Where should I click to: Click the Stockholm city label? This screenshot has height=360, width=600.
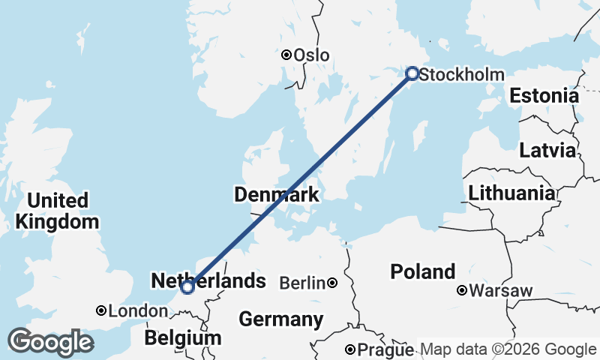click(x=461, y=74)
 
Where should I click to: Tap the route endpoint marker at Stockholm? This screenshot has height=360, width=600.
click(x=412, y=73)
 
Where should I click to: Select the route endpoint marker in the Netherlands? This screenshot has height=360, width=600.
click(x=187, y=286)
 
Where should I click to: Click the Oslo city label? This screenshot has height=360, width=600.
click(x=311, y=55)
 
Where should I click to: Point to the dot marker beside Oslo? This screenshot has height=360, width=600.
click(x=286, y=55)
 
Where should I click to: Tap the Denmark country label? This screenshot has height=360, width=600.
click(x=277, y=195)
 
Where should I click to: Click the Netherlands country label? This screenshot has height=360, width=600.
click(x=208, y=280)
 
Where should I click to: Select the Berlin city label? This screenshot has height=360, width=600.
click(x=303, y=283)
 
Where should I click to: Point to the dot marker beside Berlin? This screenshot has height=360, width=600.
click(x=331, y=283)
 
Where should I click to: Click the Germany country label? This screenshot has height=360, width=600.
click(x=281, y=319)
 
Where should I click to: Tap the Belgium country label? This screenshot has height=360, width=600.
click(x=184, y=337)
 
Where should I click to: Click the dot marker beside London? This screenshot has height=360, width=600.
click(x=101, y=310)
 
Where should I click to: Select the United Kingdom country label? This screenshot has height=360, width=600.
click(x=57, y=211)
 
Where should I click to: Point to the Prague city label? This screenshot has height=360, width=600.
click(x=385, y=350)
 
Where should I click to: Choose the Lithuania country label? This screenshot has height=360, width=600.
click(x=512, y=193)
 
